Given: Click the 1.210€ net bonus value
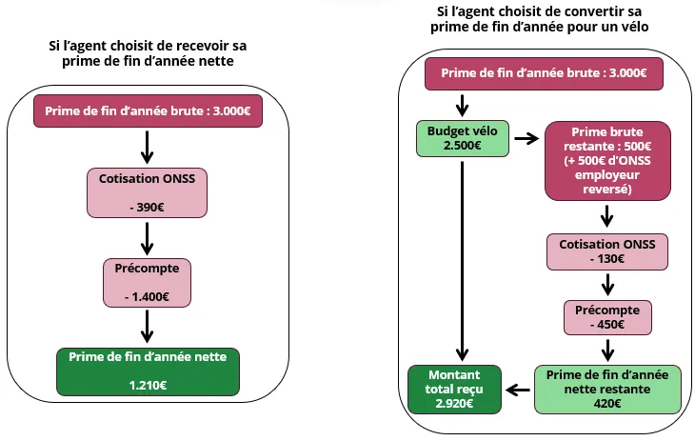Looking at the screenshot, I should pyautogui.click(x=148, y=385).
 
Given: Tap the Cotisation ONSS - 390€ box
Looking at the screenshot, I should pyautogui.click(x=148, y=190).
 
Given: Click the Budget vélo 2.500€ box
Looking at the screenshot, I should pyautogui.click(x=462, y=138).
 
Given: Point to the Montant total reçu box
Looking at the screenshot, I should pyautogui.click(x=455, y=389).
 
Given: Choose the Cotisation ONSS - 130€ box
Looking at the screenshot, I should pyautogui.click(x=606, y=251).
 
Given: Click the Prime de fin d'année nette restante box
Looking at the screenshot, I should pyautogui.click(x=606, y=389).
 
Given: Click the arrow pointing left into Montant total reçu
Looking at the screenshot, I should pyautogui.click(x=518, y=389).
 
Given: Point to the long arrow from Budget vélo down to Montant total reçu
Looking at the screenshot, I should pyautogui.click(x=462, y=257).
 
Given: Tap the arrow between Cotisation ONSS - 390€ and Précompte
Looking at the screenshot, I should pyautogui.click(x=148, y=235).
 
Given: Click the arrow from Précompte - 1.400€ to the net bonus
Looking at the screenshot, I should pyautogui.click(x=148, y=326).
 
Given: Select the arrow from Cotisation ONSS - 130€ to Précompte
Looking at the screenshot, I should pyautogui.click(x=606, y=285).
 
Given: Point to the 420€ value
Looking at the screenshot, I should pyautogui.click(x=606, y=404).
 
